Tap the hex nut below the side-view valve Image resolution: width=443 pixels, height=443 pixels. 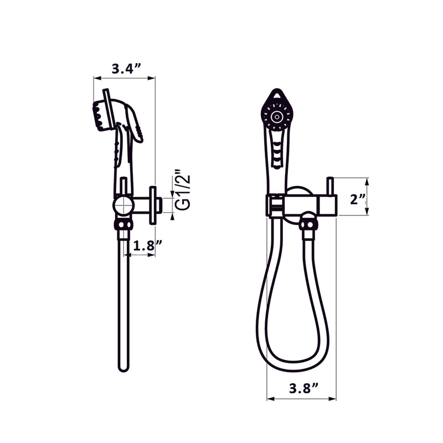click(123, 224)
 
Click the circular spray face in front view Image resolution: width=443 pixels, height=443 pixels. click(277, 117)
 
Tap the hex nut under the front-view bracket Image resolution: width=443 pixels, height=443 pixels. click(308, 224)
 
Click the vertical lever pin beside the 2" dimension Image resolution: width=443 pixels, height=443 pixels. click(330, 186)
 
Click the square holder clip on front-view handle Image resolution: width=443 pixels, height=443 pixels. click(275, 205)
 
